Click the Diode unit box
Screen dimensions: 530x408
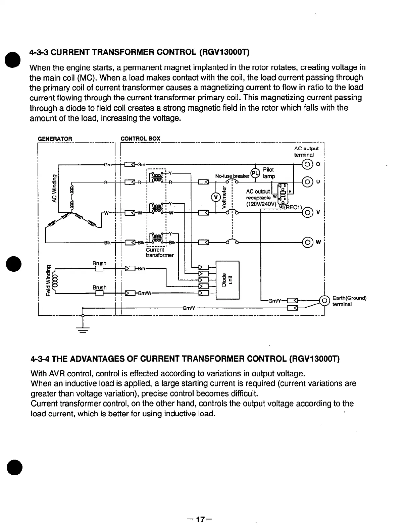pyautogui.click(x=227, y=279)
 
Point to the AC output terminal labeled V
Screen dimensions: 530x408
pyautogui.click(x=307, y=212)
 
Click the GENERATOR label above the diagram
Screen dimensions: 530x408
pyautogui.click(x=55, y=139)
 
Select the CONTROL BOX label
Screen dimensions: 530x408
pyautogui.click(x=140, y=139)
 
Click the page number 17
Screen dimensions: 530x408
pyautogui.click(x=200, y=520)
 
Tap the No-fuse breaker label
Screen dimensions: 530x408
pyautogui.click(x=233, y=176)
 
